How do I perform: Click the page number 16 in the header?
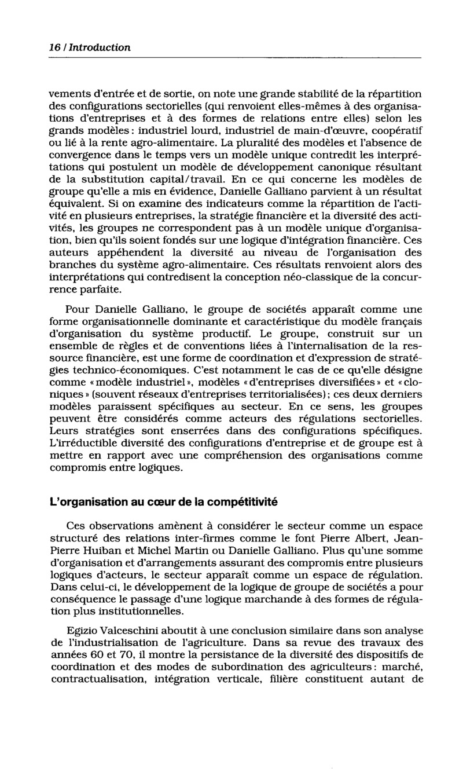click(x=55, y=47)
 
